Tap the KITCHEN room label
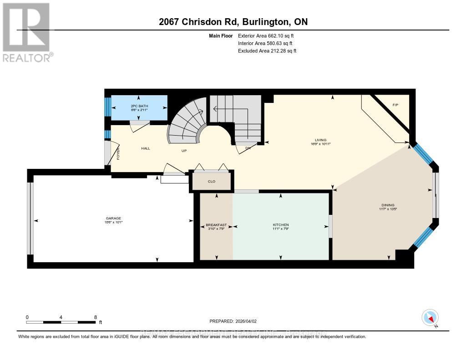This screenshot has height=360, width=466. tap(281, 225)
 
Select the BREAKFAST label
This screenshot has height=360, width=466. tap(216, 225)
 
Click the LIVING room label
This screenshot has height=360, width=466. tap(320, 140)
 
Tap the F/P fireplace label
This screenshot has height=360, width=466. tap(395, 105)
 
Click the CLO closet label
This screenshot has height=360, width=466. tap(211, 182)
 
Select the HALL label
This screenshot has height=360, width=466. tap(145, 148)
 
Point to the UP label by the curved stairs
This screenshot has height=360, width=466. tap(184, 151)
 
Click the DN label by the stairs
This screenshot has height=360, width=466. tap(248, 148)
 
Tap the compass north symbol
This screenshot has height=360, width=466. tap(430, 317)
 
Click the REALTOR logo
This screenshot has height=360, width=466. tap(27, 32)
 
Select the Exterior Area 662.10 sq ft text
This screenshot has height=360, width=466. tap(269, 35)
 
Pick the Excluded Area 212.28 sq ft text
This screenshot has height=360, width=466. tap(267, 51)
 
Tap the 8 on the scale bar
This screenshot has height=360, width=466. tap(95, 317)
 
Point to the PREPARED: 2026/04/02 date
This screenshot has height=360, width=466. tap(234, 321)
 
